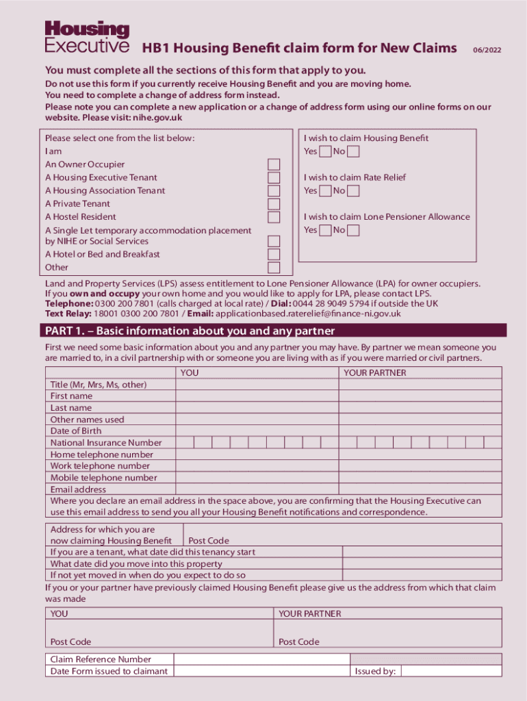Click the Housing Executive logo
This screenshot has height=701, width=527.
(87, 37)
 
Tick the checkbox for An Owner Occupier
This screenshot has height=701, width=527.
(274, 164)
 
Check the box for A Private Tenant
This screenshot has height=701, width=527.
(274, 204)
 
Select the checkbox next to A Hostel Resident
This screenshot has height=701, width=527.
(274, 217)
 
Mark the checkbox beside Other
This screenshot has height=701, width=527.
(274, 268)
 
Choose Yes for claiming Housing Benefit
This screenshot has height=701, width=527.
(325, 151)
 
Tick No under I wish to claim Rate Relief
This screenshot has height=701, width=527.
(353, 191)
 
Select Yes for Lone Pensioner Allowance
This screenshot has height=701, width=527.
(325, 231)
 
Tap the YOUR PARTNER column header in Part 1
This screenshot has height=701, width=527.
(374, 373)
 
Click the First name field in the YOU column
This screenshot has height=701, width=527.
(257, 396)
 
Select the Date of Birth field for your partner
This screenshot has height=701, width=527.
(420, 431)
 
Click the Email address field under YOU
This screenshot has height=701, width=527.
(257, 489)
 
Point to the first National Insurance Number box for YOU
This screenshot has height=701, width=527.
(185, 443)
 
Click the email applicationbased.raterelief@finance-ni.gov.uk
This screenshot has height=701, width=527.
(308, 314)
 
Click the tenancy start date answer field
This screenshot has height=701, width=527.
(422, 552)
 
